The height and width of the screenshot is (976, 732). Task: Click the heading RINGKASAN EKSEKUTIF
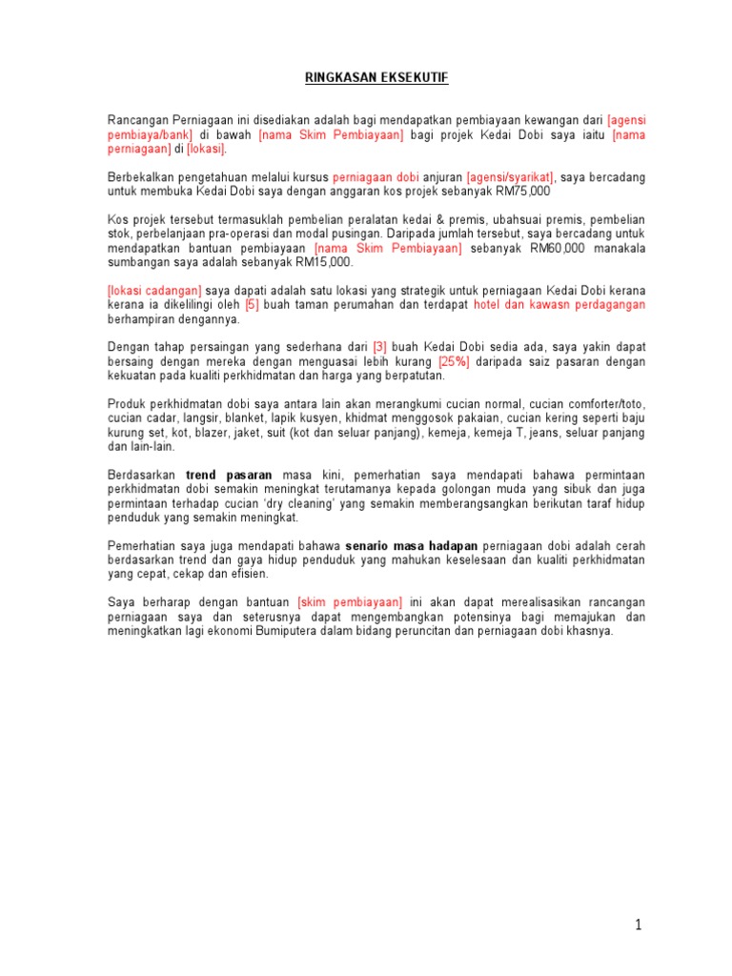[x=376, y=79]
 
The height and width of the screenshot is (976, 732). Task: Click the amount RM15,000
[x=323, y=262]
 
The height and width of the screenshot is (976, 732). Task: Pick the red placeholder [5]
[x=253, y=305]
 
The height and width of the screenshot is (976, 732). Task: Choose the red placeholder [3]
[x=380, y=347]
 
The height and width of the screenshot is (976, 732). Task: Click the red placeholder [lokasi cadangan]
[x=154, y=291]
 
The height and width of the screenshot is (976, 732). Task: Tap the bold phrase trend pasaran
[x=229, y=475]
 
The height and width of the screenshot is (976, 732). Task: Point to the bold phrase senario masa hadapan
[x=411, y=545]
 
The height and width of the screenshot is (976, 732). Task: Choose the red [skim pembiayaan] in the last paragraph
[x=350, y=602]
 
